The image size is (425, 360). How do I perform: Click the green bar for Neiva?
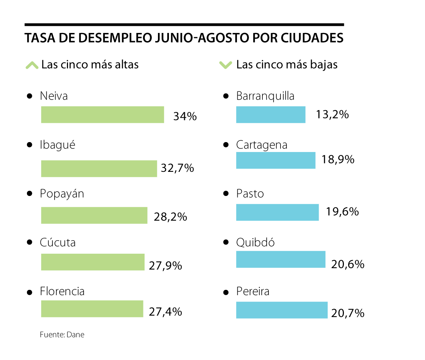pos(102,115)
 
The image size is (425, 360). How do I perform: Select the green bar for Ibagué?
pos(99,169)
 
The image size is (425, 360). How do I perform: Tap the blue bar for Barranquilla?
pos(271,115)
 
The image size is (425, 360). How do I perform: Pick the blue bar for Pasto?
pos(277,212)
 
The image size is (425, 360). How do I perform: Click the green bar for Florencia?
pos(92,309)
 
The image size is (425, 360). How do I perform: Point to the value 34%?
pos(185,116)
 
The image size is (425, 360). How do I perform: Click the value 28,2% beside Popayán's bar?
pos(170,217)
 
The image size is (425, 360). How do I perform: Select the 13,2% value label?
pos(332,114)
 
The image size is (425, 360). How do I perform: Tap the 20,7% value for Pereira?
pos(348,313)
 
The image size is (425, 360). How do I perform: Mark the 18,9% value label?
pos(338,159)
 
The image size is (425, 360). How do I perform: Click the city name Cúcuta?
pos(58,242)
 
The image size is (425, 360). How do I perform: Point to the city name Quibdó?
pos(255,243)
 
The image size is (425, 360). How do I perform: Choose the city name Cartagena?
pos(262,145)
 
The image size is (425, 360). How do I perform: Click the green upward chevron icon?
pos(32,65)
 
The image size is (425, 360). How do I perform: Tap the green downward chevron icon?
pos(226,65)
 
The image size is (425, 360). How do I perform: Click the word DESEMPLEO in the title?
pos(115,38)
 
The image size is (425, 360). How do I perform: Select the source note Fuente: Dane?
pos(62,335)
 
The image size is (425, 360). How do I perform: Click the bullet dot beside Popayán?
pos(30,193)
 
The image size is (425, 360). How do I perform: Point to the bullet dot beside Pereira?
pos(226,292)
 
